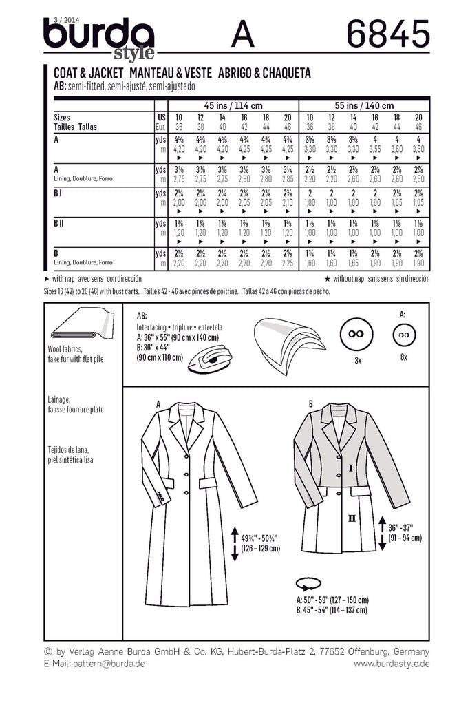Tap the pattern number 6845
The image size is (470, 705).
click(389, 32)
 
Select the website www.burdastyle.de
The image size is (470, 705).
click(392, 663)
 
